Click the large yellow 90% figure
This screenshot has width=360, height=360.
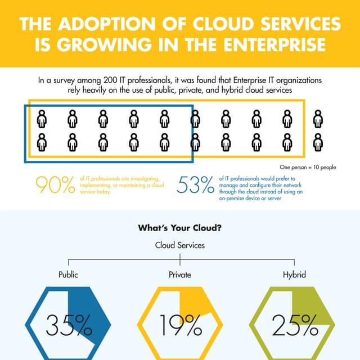55,184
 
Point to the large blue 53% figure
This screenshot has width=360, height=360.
196,184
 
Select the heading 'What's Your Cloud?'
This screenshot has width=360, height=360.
179,228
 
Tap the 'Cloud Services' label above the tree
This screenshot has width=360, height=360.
179,245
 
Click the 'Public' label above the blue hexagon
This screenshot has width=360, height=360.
69,275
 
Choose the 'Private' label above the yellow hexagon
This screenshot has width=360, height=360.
179,275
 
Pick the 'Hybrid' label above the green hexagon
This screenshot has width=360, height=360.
294,275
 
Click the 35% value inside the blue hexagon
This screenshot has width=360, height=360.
69,325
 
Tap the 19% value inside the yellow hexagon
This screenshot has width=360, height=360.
180,325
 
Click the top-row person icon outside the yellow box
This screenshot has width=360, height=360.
318,119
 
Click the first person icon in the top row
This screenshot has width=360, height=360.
42,119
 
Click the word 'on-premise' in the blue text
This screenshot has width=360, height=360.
235,199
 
